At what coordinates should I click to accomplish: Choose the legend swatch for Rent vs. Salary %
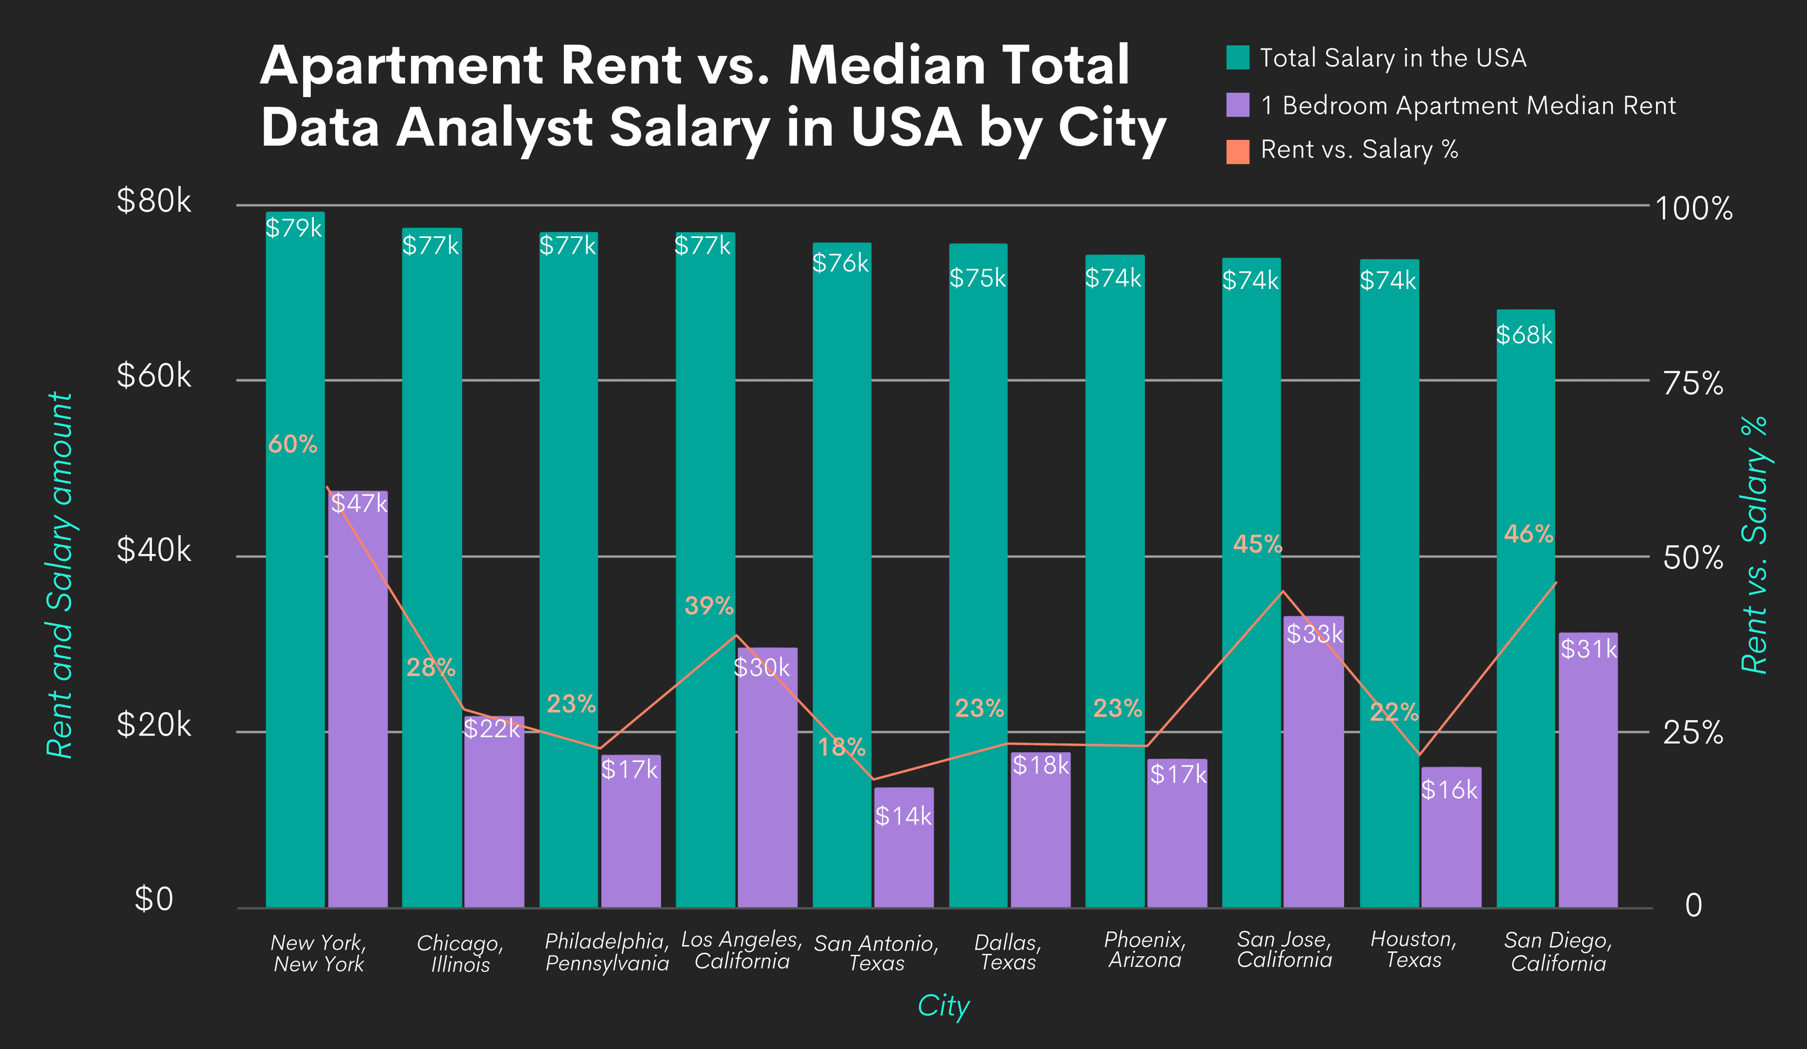[x=1237, y=151]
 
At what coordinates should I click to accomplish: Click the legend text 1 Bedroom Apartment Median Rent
[x=1468, y=106]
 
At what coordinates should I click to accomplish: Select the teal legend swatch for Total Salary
[x=1237, y=57]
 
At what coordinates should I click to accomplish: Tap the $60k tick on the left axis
[x=153, y=376]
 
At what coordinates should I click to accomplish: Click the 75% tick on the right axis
[x=1693, y=383]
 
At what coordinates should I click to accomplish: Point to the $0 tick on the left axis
[x=153, y=899]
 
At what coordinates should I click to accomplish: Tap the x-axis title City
[x=943, y=1005]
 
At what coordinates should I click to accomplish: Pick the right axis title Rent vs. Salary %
[x=1754, y=545]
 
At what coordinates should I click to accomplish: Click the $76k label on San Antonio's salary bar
[x=840, y=263]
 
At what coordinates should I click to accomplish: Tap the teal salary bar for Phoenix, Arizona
[x=1114, y=588]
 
